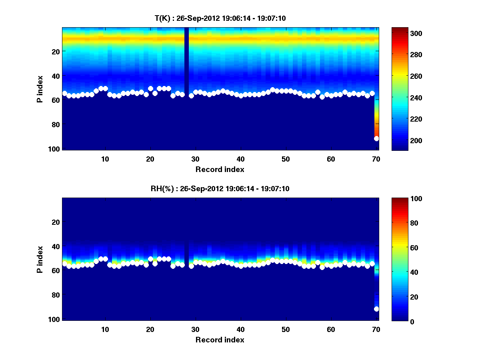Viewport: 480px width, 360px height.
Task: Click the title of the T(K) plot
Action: pos(220,18)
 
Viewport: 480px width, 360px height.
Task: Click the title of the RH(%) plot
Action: pos(220,188)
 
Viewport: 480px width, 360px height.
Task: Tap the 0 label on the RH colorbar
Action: pos(398,321)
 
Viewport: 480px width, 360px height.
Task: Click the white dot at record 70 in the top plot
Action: pos(376,138)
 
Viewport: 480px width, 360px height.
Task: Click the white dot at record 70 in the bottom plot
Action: pos(376,309)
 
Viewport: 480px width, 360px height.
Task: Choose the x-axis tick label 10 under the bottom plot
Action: pos(105,329)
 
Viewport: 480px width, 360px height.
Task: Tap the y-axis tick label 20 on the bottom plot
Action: pos(56,222)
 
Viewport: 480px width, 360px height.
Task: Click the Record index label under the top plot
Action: pos(220,169)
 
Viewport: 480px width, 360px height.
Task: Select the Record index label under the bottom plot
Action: pos(220,340)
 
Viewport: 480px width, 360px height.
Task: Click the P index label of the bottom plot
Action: pos(40,259)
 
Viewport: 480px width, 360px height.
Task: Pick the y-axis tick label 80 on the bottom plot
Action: pos(56,295)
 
